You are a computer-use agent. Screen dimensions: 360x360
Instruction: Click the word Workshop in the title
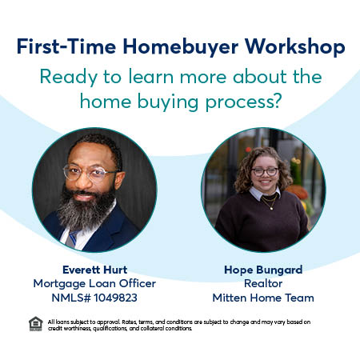pyautogui.click(x=291, y=47)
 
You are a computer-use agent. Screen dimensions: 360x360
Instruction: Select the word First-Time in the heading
pyautogui.click(x=66, y=47)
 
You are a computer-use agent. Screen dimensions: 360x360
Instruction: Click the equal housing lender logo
pyautogui.click(x=35, y=324)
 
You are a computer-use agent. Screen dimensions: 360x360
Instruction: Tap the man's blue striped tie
pyautogui.click(x=73, y=236)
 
